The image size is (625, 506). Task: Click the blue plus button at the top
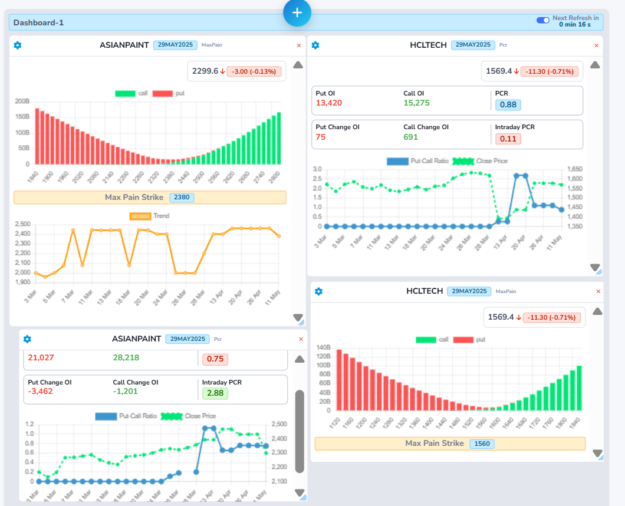click(297, 12)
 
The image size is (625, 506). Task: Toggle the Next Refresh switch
click(542, 21)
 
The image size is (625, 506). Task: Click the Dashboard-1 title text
click(38, 23)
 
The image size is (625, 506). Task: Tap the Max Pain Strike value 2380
click(182, 198)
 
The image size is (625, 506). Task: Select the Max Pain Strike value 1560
click(482, 444)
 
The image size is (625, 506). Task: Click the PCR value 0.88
click(508, 104)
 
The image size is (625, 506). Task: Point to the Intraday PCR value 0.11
click(508, 139)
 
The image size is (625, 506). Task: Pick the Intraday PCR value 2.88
click(215, 393)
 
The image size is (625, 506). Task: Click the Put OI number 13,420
click(329, 103)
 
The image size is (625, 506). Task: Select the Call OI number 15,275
click(416, 103)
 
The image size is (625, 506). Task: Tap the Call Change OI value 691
click(410, 137)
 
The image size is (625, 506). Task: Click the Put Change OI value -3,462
click(41, 391)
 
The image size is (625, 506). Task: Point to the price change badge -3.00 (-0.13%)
click(254, 71)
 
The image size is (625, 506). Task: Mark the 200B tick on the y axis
click(22, 101)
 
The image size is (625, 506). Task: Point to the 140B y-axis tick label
click(324, 347)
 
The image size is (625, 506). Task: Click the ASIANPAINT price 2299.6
click(205, 71)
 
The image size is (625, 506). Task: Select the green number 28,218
click(126, 357)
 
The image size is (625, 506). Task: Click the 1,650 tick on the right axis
click(574, 169)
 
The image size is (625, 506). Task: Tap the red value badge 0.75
click(215, 359)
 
